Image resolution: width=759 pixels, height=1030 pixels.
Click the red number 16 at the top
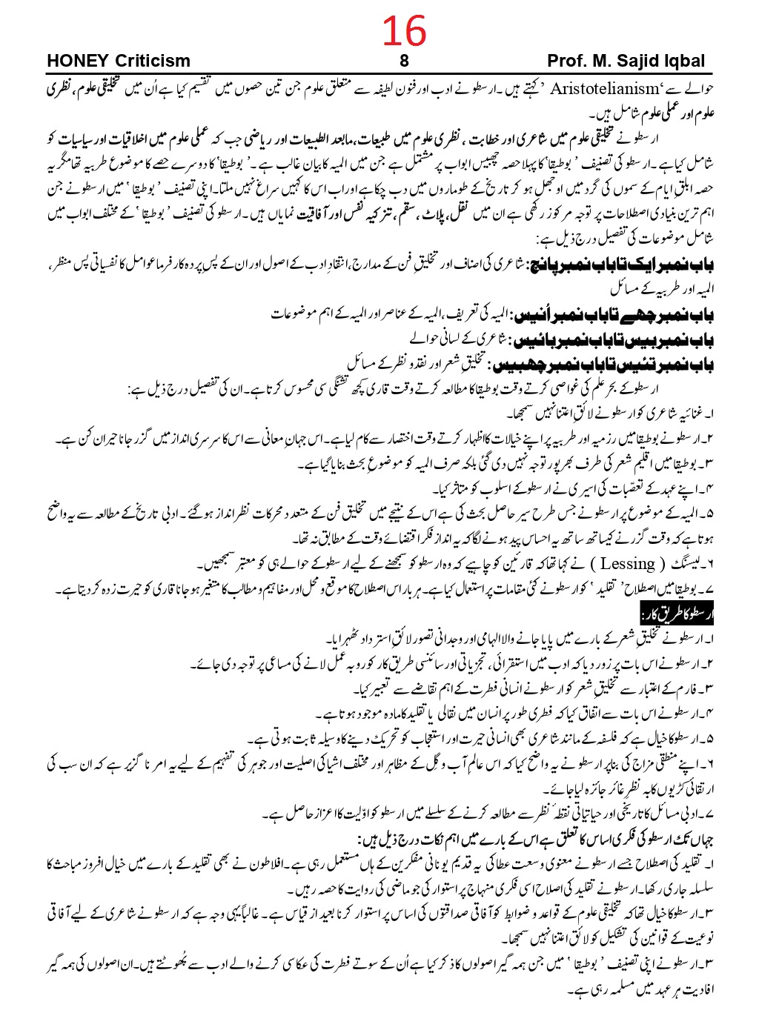click(405, 31)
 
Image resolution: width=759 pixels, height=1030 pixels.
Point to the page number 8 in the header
click(404, 61)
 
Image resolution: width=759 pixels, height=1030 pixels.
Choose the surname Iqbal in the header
click(683, 61)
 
